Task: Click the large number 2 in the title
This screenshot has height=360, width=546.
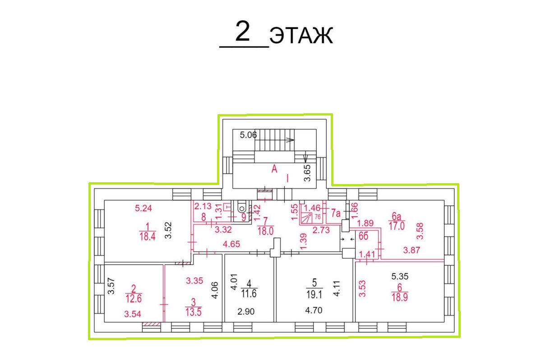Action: [243, 32]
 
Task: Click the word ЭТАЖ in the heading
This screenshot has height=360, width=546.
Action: [301, 35]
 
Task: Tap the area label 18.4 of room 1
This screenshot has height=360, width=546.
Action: [148, 236]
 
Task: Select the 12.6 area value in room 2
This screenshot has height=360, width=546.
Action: [134, 298]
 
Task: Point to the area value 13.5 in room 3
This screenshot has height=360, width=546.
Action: [194, 312]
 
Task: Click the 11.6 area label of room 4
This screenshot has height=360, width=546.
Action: [249, 294]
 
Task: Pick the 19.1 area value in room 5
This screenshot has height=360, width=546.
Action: [314, 295]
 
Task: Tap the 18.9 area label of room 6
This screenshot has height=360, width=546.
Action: [400, 297]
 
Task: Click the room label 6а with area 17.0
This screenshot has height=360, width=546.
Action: [397, 216]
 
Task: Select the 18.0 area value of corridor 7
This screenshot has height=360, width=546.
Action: [265, 231]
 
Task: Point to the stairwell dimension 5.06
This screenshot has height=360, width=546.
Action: [248, 135]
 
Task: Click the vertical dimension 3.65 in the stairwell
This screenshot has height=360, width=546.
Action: [307, 173]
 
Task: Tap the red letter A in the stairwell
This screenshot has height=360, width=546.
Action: [274, 169]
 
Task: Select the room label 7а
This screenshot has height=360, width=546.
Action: [335, 213]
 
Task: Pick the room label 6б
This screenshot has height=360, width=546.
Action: [363, 236]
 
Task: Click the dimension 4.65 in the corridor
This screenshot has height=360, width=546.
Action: [231, 244]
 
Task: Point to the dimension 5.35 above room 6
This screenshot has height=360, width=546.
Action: [400, 277]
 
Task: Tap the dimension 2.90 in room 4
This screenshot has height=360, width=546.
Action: [246, 311]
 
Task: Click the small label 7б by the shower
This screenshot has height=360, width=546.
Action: [318, 217]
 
